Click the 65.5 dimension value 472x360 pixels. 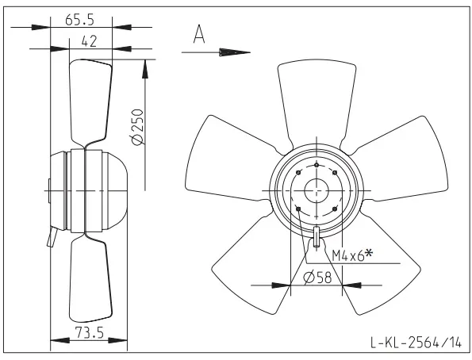[x=80, y=20]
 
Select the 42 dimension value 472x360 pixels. [x=89, y=41]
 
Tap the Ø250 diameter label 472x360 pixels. [x=137, y=127]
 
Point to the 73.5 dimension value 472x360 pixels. [x=90, y=332]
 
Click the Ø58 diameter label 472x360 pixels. [x=317, y=278]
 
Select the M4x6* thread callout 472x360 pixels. [x=352, y=255]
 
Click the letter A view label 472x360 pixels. [x=199, y=34]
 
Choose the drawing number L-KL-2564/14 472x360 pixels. [x=416, y=343]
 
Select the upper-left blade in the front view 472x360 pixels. [x=228, y=158]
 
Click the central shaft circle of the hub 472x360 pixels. [x=317, y=190]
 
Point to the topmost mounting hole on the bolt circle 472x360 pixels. [x=317, y=165]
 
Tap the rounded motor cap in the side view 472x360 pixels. [x=116, y=190]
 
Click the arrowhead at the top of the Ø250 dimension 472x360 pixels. [x=145, y=69]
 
